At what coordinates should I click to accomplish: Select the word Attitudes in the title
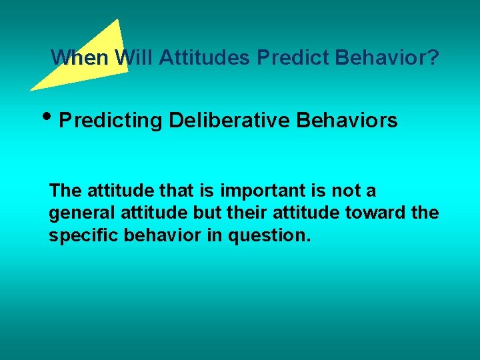tap(205, 58)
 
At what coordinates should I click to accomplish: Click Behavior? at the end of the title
tap(387, 58)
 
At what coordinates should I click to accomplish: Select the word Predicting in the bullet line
tap(111, 121)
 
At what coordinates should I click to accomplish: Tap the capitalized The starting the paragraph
tap(65, 191)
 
